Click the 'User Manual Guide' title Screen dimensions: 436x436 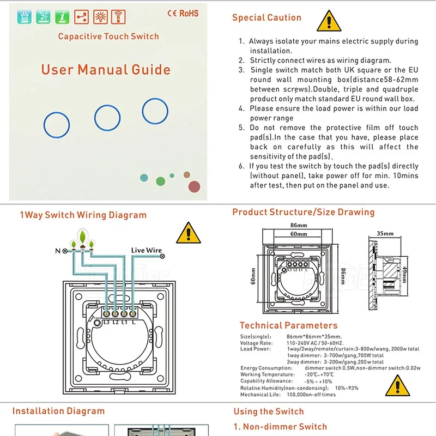click(106, 70)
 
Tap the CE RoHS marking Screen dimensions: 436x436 click(183, 13)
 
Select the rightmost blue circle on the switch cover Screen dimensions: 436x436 click(155, 111)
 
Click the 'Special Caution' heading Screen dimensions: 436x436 click(267, 17)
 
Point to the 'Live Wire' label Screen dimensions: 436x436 click(146, 250)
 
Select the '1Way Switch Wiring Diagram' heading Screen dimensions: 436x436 click(83, 215)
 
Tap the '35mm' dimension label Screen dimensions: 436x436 click(384, 233)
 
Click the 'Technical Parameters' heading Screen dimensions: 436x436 click(288, 325)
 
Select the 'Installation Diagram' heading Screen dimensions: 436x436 click(58, 411)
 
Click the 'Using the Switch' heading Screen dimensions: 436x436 click(268, 411)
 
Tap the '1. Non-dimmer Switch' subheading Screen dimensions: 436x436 click(280, 427)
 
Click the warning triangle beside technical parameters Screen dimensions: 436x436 click(397, 386)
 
